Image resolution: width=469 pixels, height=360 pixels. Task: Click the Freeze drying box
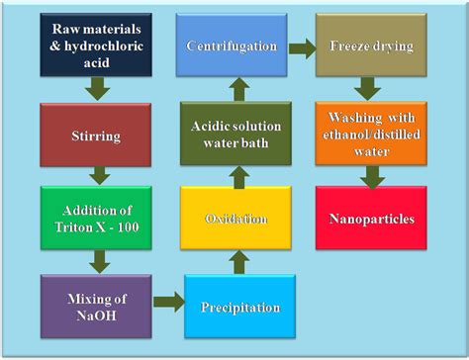point(372,45)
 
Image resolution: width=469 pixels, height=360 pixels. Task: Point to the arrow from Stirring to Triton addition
point(98,174)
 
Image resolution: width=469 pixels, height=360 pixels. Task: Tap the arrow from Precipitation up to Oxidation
point(237,260)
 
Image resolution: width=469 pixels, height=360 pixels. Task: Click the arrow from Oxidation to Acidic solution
point(237,176)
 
